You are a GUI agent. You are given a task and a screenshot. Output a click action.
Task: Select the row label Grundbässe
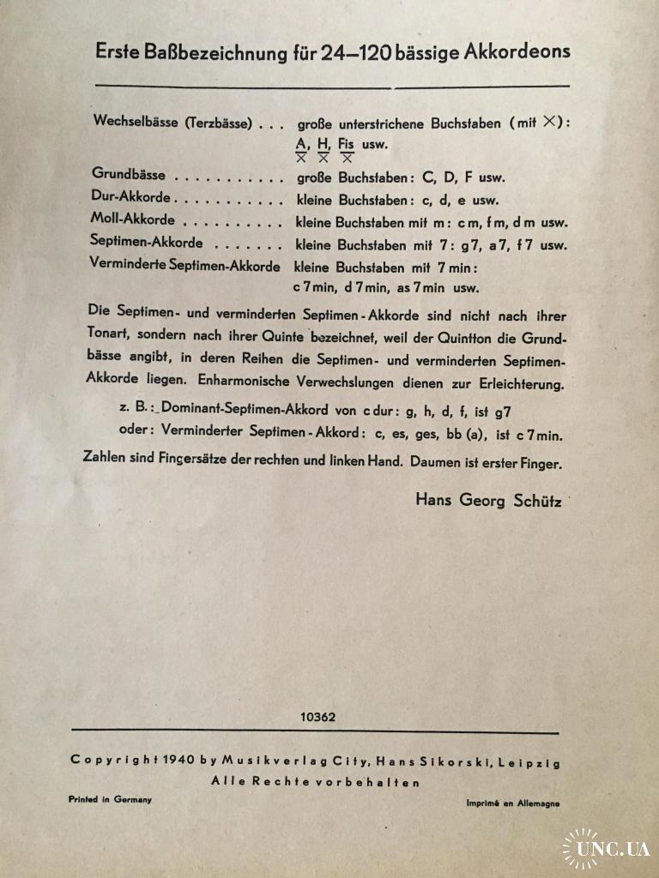point(129,174)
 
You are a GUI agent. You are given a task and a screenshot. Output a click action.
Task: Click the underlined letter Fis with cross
point(347,147)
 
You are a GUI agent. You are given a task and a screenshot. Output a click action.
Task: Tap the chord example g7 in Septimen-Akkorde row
point(471,244)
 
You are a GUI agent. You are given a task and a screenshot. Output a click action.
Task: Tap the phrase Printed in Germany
point(110,799)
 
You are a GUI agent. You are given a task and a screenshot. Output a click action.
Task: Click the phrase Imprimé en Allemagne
point(512,803)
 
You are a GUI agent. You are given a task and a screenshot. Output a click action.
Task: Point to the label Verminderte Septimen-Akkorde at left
point(185,264)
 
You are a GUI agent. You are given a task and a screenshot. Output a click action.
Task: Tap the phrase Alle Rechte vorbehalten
point(316,781)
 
